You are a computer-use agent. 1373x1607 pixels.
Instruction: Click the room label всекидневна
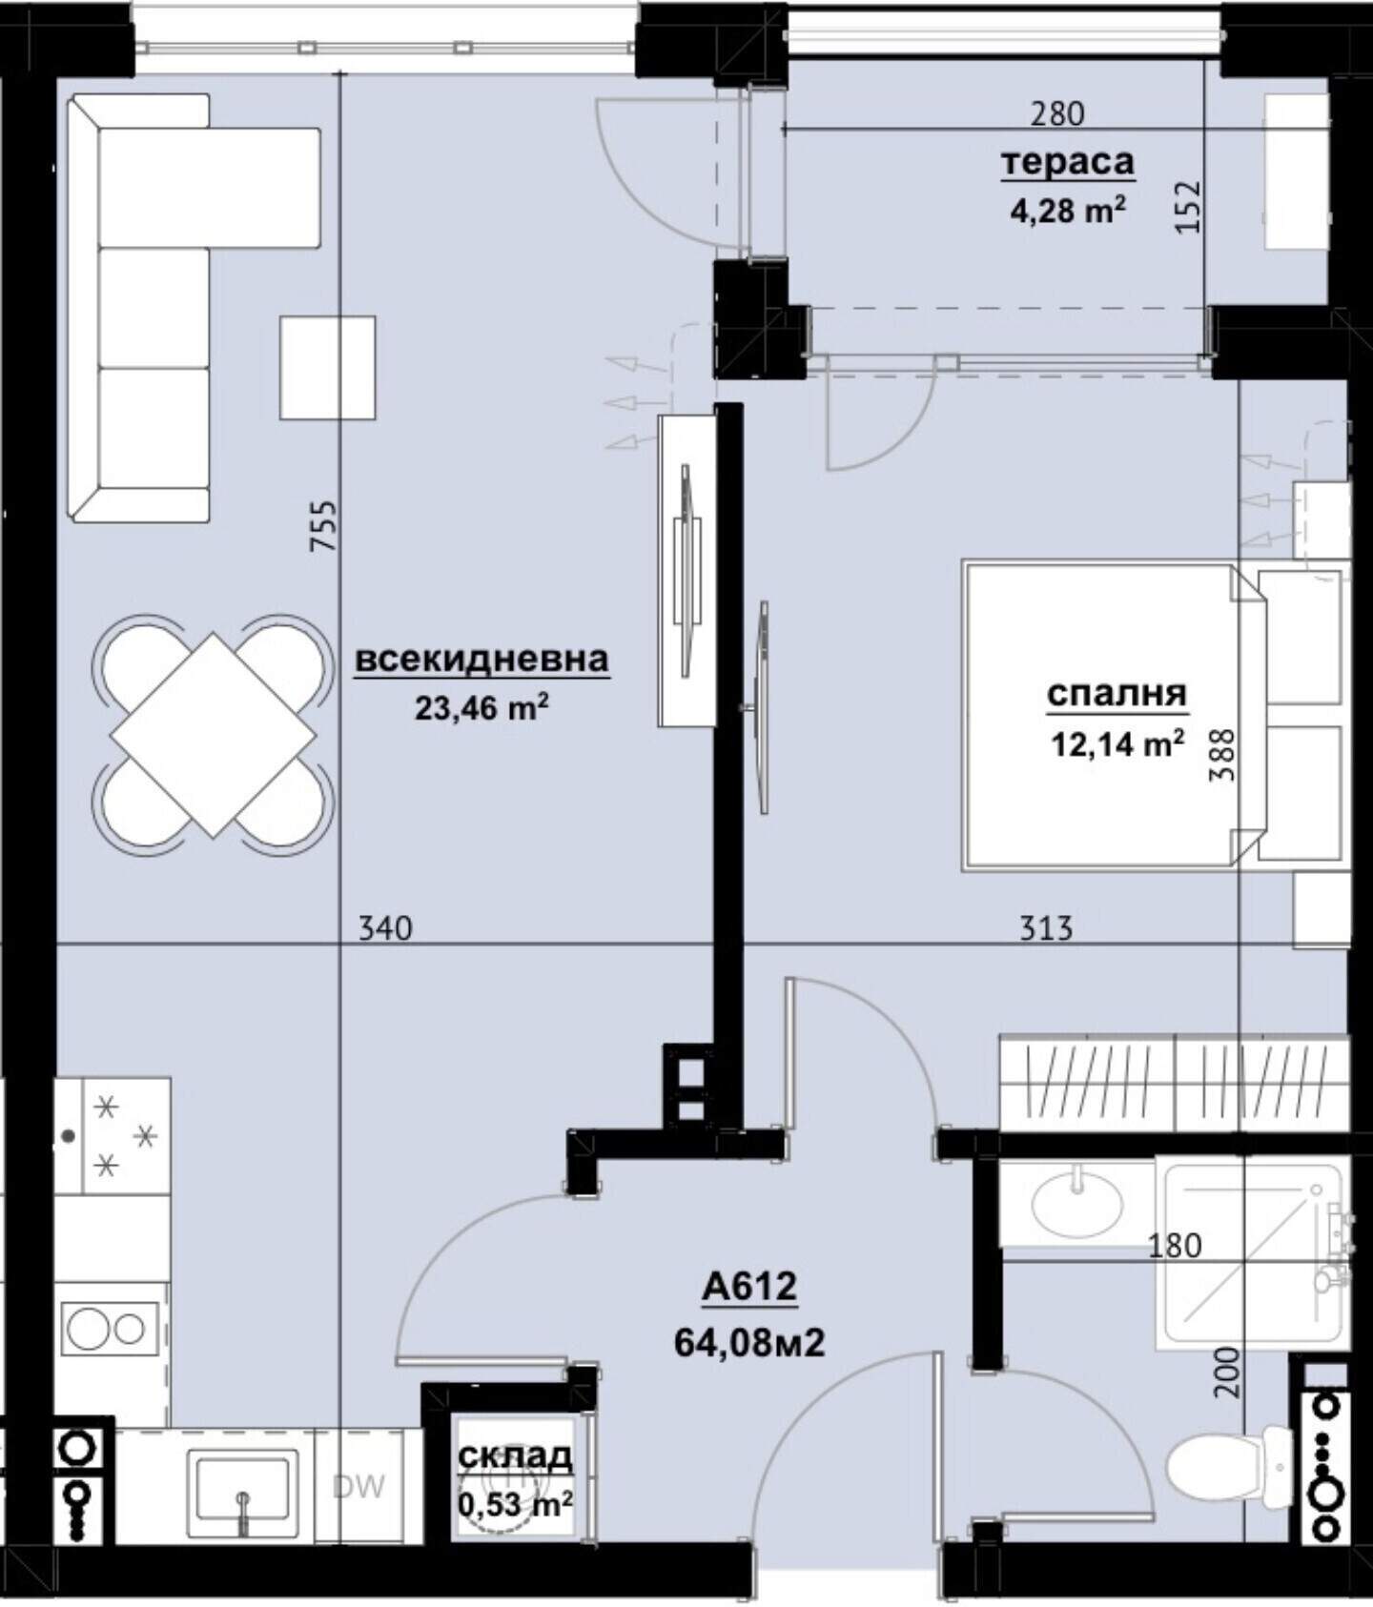coord(482,659)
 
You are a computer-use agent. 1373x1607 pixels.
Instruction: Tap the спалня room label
coord(1117,695)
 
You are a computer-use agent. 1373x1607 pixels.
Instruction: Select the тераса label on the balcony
coord(1067,163)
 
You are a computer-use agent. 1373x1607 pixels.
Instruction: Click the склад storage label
coord(516,1455)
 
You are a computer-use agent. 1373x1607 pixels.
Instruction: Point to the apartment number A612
coord(748,1287)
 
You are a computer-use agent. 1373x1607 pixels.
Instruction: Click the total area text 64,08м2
coord(749,1343)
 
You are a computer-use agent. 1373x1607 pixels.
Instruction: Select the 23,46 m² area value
coord(482,708)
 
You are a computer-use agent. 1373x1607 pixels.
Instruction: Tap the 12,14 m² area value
coord(1117,743)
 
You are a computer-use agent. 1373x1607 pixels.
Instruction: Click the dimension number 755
coord(324,526)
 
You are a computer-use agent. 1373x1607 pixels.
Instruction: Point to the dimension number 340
coord(385,927)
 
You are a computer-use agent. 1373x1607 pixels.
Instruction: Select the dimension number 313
coord(1046,927)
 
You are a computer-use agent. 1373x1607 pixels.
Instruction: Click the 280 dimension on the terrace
coord(1058,113)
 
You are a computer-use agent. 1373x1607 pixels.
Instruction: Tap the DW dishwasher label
coord(359,1486)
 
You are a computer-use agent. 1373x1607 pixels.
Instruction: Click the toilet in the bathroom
coord(1230,1465)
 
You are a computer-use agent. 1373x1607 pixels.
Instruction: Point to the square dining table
coord(214,735)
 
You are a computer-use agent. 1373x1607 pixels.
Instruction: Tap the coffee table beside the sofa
coord(327,368)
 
